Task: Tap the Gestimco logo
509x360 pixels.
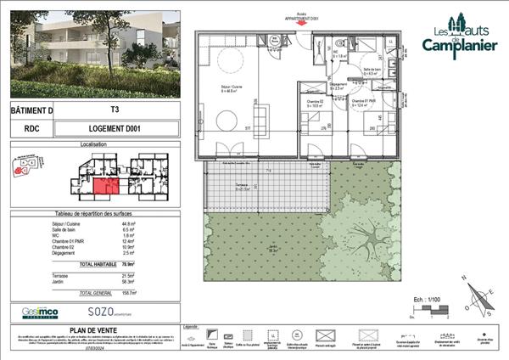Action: click(x=41, y=312)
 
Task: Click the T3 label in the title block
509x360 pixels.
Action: click(x=115, y=110)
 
